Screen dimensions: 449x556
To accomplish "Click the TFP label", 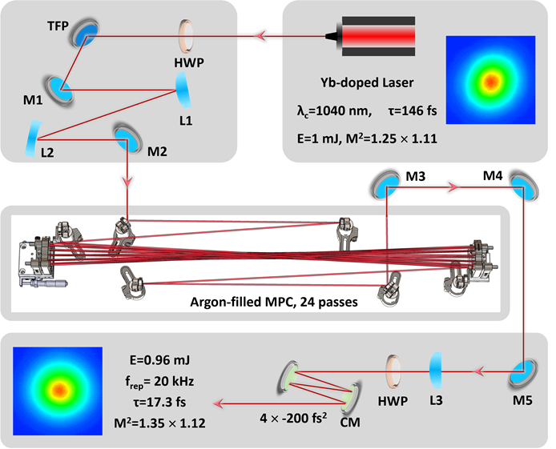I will (58, 26).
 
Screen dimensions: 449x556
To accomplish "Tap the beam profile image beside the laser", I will (490, 82).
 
